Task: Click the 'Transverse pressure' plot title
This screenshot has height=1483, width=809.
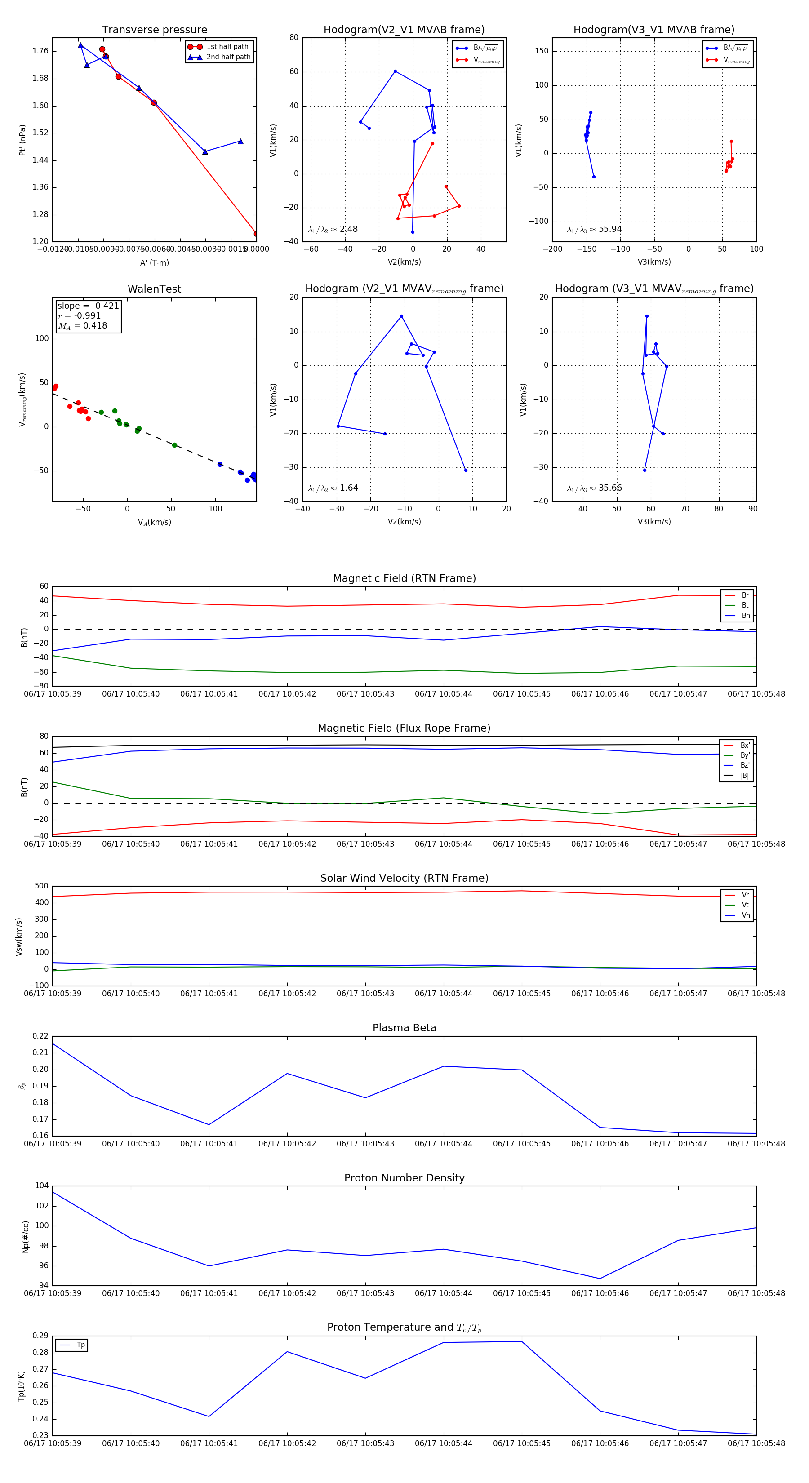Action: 154,30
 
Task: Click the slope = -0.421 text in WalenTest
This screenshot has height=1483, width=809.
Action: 88,306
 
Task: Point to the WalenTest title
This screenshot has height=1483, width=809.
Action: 154,289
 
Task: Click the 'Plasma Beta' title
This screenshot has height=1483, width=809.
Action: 404,1028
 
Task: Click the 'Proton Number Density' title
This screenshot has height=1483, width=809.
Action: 404,1178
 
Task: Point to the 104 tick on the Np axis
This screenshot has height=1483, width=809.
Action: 41,1186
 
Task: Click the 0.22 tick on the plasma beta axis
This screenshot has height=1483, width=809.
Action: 40,1036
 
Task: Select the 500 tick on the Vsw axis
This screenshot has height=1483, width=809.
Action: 41,886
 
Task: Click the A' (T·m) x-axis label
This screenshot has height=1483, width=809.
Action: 154,262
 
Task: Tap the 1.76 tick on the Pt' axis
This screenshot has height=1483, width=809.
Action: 40,51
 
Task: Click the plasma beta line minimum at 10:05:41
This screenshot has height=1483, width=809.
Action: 209,1124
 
